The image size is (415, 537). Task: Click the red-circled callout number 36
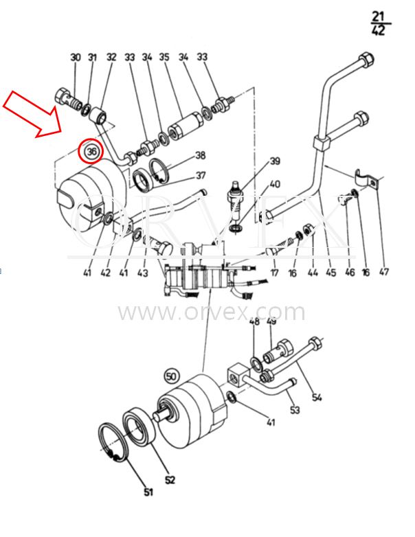(x=91, y=150)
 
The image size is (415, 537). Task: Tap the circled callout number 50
(x=172, y=376)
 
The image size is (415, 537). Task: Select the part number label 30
(x=76, y=57)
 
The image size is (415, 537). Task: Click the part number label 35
(x=164, y=56)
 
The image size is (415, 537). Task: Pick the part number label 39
(x=275, y=161)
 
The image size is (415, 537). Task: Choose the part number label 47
(x=384, y=271)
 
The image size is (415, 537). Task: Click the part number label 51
(x=148, y=492)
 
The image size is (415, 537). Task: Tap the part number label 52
(x=170, y=480)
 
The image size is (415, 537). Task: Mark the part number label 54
(x=317, y=398)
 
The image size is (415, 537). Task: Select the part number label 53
(x=295, y=409)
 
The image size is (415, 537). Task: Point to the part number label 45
(x=330, y=272)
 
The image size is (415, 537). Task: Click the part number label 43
(x=142, y=273)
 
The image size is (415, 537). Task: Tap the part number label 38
(x=200, y=155)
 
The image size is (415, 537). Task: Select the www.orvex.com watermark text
(x=212, y=312)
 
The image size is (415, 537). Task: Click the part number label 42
(x=106, y=273)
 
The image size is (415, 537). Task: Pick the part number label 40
(x=275, y=184)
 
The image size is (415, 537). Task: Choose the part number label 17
(x=275, y=273)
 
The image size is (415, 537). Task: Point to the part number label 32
(x=111, y=56)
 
